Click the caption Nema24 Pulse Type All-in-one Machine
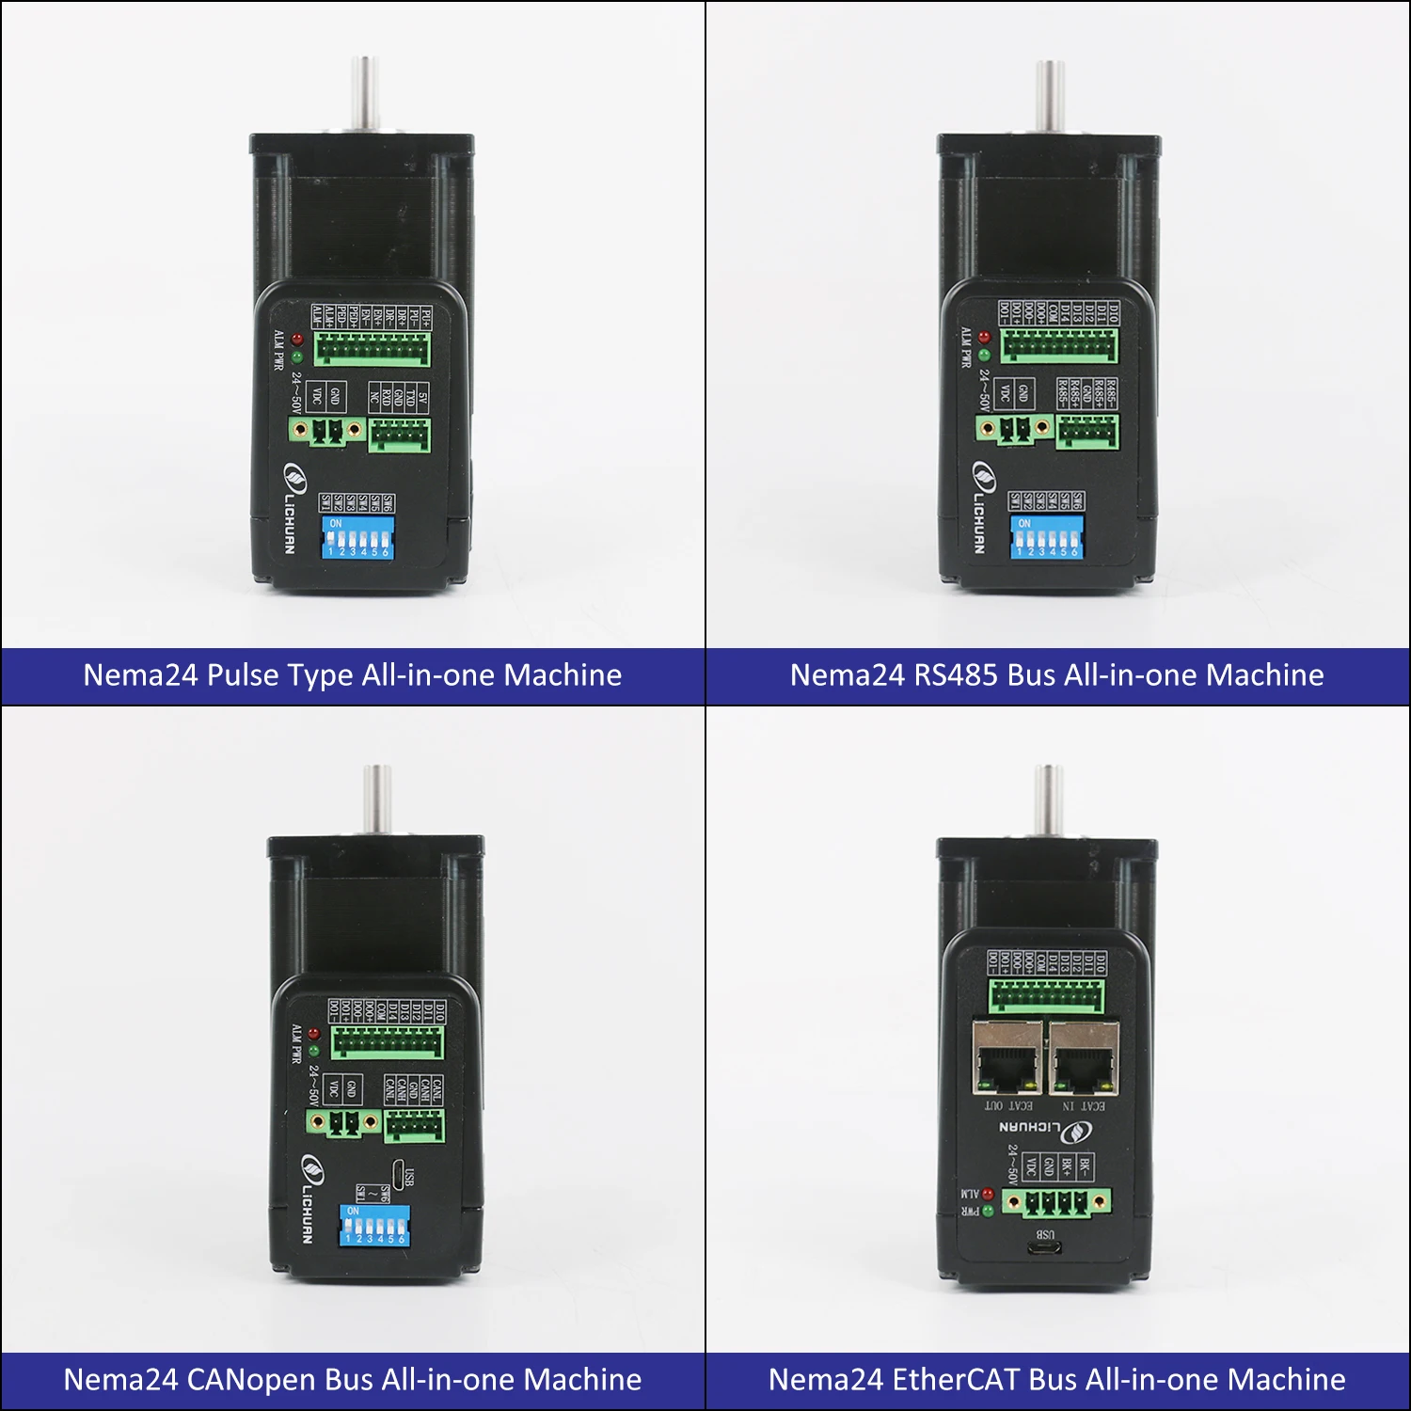click(352, 675)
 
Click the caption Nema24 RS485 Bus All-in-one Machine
click(1056, 675)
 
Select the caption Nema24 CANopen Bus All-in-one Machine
click(352, 1380)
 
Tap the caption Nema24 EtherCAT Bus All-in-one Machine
click(1056, 1380)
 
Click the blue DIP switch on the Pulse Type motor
click(357, 536)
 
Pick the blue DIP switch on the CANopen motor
click(374, 1225)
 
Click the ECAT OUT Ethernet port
click(1007, 1058)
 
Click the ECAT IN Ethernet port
click(1084, 1058)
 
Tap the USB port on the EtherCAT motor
click(1045, 1249)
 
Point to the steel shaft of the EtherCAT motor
click(1048, 800)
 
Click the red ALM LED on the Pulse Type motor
click(297, 339)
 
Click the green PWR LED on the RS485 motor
click(984, 356)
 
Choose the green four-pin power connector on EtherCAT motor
click(1055, 1202)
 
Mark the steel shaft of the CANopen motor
click(377, 798)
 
